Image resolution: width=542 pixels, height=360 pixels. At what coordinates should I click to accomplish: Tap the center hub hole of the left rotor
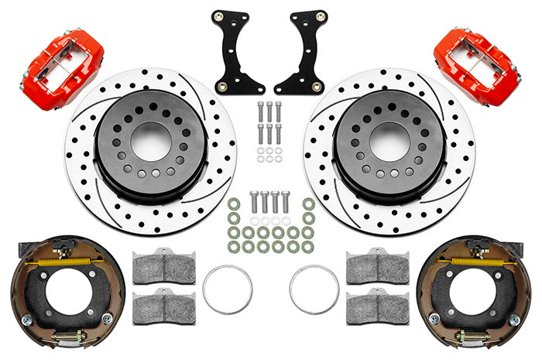click(152, 142)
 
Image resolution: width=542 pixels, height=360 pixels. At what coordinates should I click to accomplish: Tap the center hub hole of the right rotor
click(389, 141)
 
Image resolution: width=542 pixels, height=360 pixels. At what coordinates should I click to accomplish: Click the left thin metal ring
click(227, 290)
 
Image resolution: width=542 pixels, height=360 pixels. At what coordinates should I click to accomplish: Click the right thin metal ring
click(314, 290)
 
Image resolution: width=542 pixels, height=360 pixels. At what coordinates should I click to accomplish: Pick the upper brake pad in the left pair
click(163, 267)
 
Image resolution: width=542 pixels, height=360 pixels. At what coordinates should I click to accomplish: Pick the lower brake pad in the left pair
click(163, 305)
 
